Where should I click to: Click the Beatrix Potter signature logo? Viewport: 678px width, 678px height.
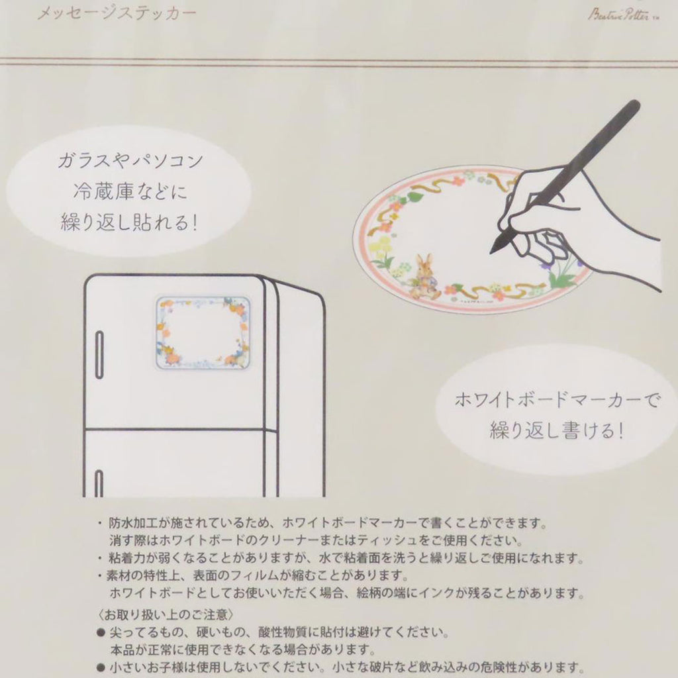tap(623, 15)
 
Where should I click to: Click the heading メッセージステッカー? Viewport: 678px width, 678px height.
tap(117, 14)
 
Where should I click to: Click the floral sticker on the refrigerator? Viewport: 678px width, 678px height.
tap(203, 332)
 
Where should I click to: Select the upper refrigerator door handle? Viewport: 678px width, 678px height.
tap(99, 355)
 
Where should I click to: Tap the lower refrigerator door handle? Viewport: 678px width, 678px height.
tap(99, 483)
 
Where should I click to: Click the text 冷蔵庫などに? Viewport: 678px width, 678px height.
tap(130, 191)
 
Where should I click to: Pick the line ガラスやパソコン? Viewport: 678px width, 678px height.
tap(130, 160)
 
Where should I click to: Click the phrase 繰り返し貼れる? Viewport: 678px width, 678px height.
tap(129, 222)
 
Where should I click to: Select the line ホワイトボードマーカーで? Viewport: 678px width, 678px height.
tap(557, 400)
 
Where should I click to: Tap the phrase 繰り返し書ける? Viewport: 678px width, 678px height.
tap(557, 430)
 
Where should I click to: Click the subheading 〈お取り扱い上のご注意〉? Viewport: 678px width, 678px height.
tap(166, 614)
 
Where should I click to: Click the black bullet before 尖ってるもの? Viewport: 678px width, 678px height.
tap(101, 632)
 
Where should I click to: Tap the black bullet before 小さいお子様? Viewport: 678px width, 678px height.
tap(101, 667)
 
